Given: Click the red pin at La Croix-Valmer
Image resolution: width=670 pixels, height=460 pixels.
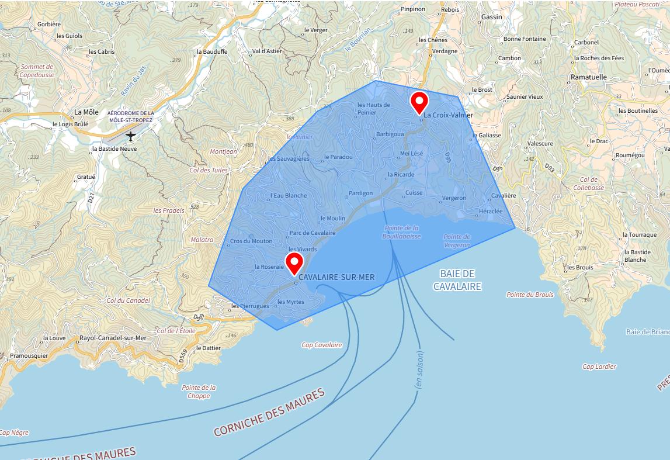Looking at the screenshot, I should click(419, 102).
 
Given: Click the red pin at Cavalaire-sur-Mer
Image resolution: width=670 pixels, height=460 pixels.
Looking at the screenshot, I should click(294, 263).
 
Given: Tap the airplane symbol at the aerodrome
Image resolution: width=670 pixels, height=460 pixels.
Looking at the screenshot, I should click(131, 136).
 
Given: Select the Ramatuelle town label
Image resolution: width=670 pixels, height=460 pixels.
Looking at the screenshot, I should click(589, 77).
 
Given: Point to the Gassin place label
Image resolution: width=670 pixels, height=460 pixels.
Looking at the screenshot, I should click(491, 17).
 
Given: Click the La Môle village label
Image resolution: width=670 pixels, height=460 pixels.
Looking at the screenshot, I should click(86, 112).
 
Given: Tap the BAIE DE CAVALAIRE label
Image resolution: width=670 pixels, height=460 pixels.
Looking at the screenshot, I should click(457, 280).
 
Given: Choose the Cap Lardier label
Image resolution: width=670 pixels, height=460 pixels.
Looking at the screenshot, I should click(599, 366).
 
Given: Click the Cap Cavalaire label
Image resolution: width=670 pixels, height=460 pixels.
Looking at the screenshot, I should click(321, 345).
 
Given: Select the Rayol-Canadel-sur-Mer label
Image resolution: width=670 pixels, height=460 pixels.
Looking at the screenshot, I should click(112, 338).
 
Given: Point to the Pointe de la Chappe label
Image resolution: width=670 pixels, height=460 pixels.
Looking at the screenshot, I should click(199, 391).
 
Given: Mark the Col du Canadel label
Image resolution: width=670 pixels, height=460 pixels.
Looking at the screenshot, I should click(128, 300).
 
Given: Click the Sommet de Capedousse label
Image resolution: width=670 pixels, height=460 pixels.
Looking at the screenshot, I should click(36, 71).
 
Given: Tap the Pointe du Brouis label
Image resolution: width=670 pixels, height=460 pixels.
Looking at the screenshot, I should click(530, 295).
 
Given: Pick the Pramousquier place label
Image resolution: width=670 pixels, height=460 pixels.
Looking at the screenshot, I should click(29, 355).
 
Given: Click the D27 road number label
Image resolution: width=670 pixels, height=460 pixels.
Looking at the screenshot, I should click(92, 198).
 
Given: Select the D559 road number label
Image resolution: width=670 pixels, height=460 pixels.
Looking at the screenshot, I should click(183, 355).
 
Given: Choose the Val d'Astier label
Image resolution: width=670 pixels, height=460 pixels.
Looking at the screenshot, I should click(267, 51).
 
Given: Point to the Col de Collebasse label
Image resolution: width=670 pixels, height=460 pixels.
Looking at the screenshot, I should click(589, 184).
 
